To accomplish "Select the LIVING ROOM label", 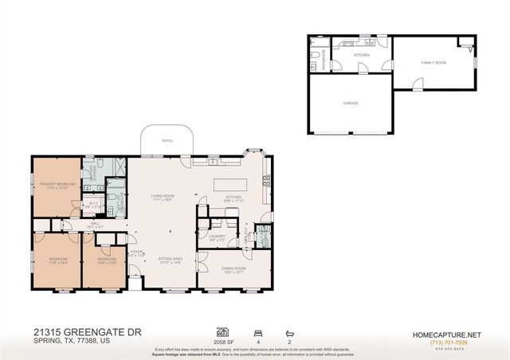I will coord(163,196).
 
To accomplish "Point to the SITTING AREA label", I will coord(171,259).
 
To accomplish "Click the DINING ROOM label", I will coord(234,270).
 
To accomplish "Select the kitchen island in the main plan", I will coord(229,186).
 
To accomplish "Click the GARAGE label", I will coord(351,103).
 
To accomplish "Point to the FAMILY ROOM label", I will coord(433,62).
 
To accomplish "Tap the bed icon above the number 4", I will coord(257,331).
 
